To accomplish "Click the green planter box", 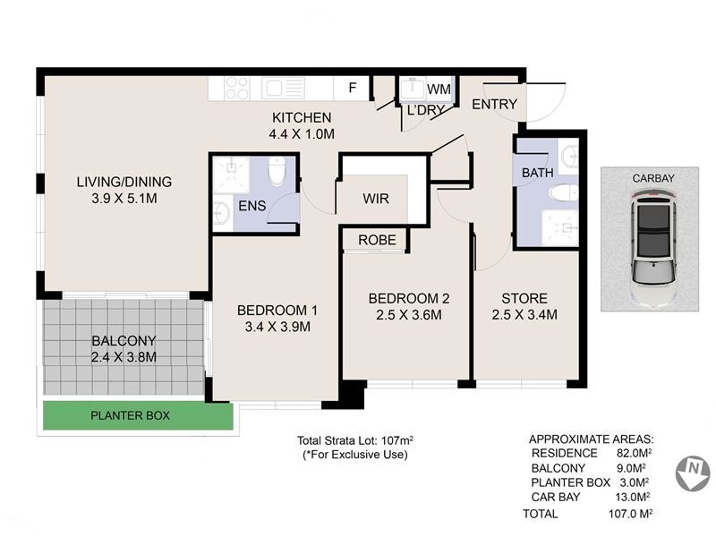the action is (x=138, y=415).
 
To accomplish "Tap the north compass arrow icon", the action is (x=693, y=473).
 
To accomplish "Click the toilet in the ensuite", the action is (x=277, y=171).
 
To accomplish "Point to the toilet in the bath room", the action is (x=564, y=193).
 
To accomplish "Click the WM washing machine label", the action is (x=439, y=89).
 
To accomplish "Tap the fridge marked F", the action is (x=352, y=88).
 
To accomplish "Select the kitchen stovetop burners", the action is (x=237, y=88).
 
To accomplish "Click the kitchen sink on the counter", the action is (x=283, y=88).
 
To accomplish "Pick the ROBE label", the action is (x=377, y=240).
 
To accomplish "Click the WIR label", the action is (x=376, y=199).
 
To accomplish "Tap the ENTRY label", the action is (x=495, y=105).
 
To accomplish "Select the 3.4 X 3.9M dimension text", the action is (x=277, y=327).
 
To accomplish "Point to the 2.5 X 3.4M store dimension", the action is (x=524, y=315).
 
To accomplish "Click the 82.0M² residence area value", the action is (x=632, y=453).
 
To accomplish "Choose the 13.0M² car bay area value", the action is (x=633, y=497).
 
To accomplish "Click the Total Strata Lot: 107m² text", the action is (x=355, y=440).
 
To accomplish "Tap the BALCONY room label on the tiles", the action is (x=124, y=341).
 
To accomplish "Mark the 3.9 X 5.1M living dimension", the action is (x=124, y=199).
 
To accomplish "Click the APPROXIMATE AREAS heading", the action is (x=592, y=439).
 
